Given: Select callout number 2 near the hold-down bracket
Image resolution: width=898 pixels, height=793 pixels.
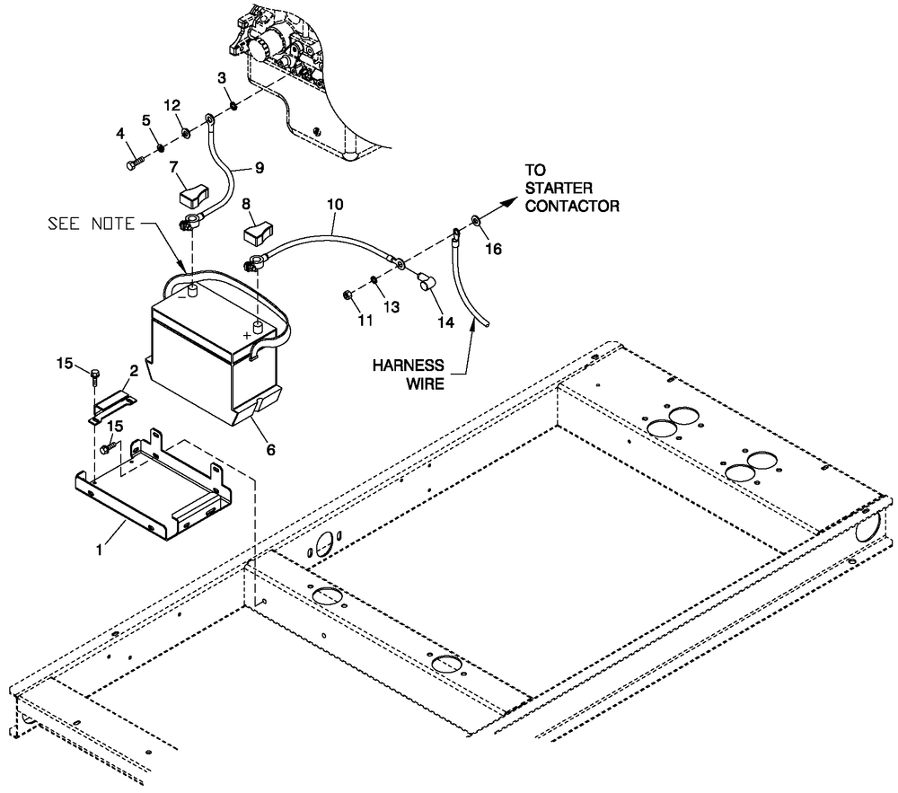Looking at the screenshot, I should [x=133, y=370].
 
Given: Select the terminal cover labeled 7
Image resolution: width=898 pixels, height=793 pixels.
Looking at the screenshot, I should [x=192, y=191].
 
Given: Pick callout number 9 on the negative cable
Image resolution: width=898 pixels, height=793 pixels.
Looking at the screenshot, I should [x=260, y=167].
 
